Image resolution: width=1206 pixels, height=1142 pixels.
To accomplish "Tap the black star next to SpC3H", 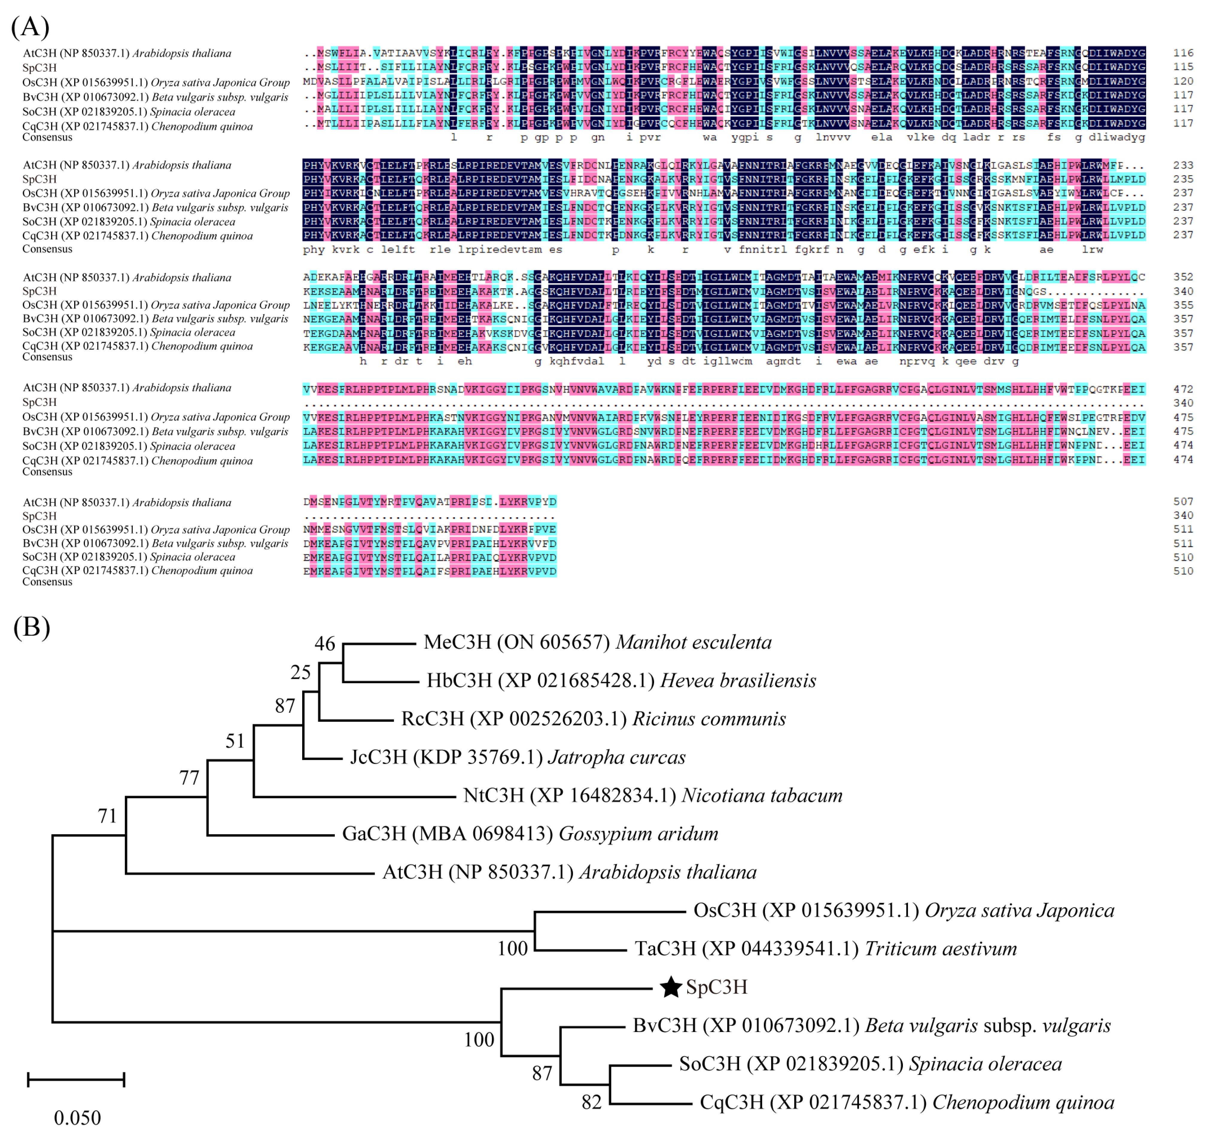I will (x=670, y=987).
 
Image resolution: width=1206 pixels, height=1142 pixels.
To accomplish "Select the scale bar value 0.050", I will (x=77, y=1118).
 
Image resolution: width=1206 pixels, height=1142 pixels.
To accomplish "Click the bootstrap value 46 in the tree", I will (x=325, y=644).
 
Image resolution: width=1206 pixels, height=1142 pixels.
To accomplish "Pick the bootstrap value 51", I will (x=235, y=741).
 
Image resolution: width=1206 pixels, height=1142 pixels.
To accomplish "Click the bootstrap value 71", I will (x=107, y=816).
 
